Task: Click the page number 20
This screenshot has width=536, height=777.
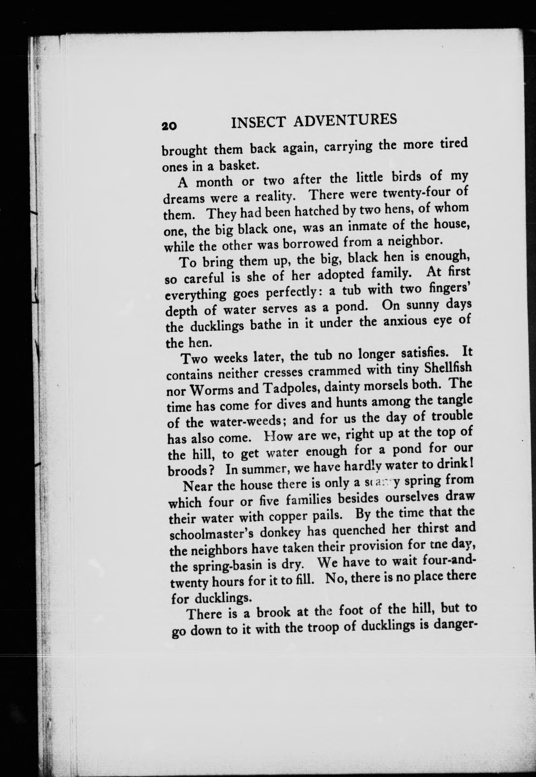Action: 169,126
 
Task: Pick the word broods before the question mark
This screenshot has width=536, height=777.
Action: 188,470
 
